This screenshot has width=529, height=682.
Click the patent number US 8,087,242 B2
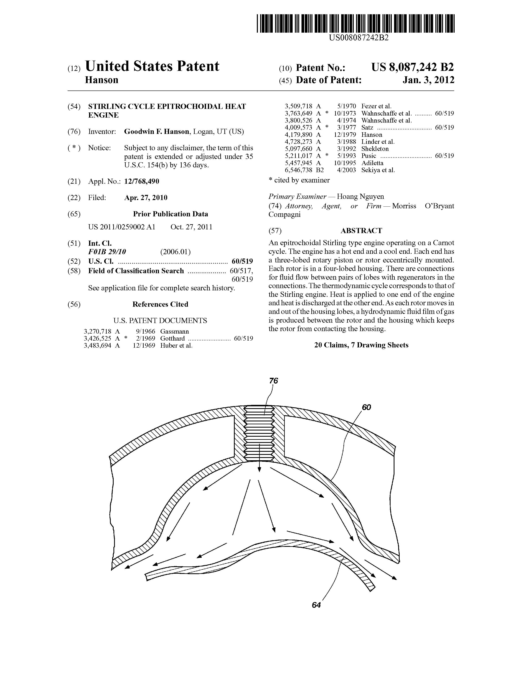(412, 67)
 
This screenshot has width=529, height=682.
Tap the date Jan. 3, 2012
(428, 80)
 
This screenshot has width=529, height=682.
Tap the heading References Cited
(160, 304)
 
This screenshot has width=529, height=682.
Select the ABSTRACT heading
(361, 231)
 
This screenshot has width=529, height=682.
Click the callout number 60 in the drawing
(366, 407)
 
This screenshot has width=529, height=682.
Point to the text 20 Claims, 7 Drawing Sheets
(361, 345)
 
